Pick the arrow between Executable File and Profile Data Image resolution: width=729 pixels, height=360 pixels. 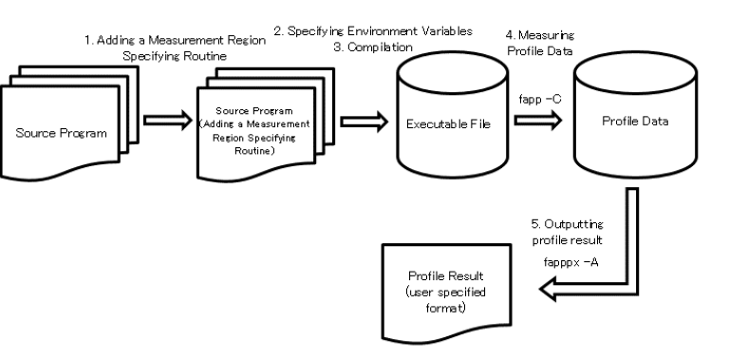pyautogui.click(x=537, y=122)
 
